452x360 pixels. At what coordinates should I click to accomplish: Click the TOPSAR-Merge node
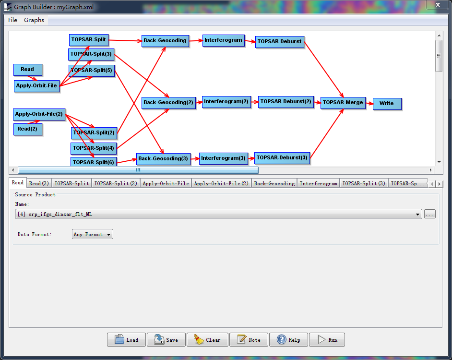[x=343, y=103]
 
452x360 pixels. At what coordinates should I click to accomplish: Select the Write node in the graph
[x=387, y=104]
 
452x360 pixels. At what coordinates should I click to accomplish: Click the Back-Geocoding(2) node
[x=168, y=103]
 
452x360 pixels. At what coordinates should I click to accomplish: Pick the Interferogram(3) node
[x=224, y=158]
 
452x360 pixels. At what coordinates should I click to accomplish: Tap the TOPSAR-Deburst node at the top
[x=280, y=42]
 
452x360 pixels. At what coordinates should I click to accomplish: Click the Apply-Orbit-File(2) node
[x=39, y=114]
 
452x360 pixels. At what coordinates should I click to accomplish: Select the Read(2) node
[x=28, y=129]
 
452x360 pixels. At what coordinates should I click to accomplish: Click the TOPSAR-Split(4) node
[x=94, y=148]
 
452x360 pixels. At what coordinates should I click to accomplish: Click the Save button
[x=167, y=339]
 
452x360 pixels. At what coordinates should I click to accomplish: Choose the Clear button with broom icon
[x=207, y=339]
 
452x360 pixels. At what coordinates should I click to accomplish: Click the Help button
[x=288, y=339]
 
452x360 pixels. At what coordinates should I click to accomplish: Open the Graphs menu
[x=34, y=20]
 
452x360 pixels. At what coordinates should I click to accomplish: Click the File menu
[x=12, y=20]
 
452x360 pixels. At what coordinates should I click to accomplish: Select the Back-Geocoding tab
[x=274, y=183]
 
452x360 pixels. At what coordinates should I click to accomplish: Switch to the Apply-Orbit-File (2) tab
[x=221, y=183]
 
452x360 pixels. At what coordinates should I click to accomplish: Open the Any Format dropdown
[x=93, y=234]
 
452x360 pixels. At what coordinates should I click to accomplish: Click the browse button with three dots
[x=430, y=215]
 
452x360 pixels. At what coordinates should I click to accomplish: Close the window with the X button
[x=438, y=5]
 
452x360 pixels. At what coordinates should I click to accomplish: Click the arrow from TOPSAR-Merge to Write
[x=369, y=103]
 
